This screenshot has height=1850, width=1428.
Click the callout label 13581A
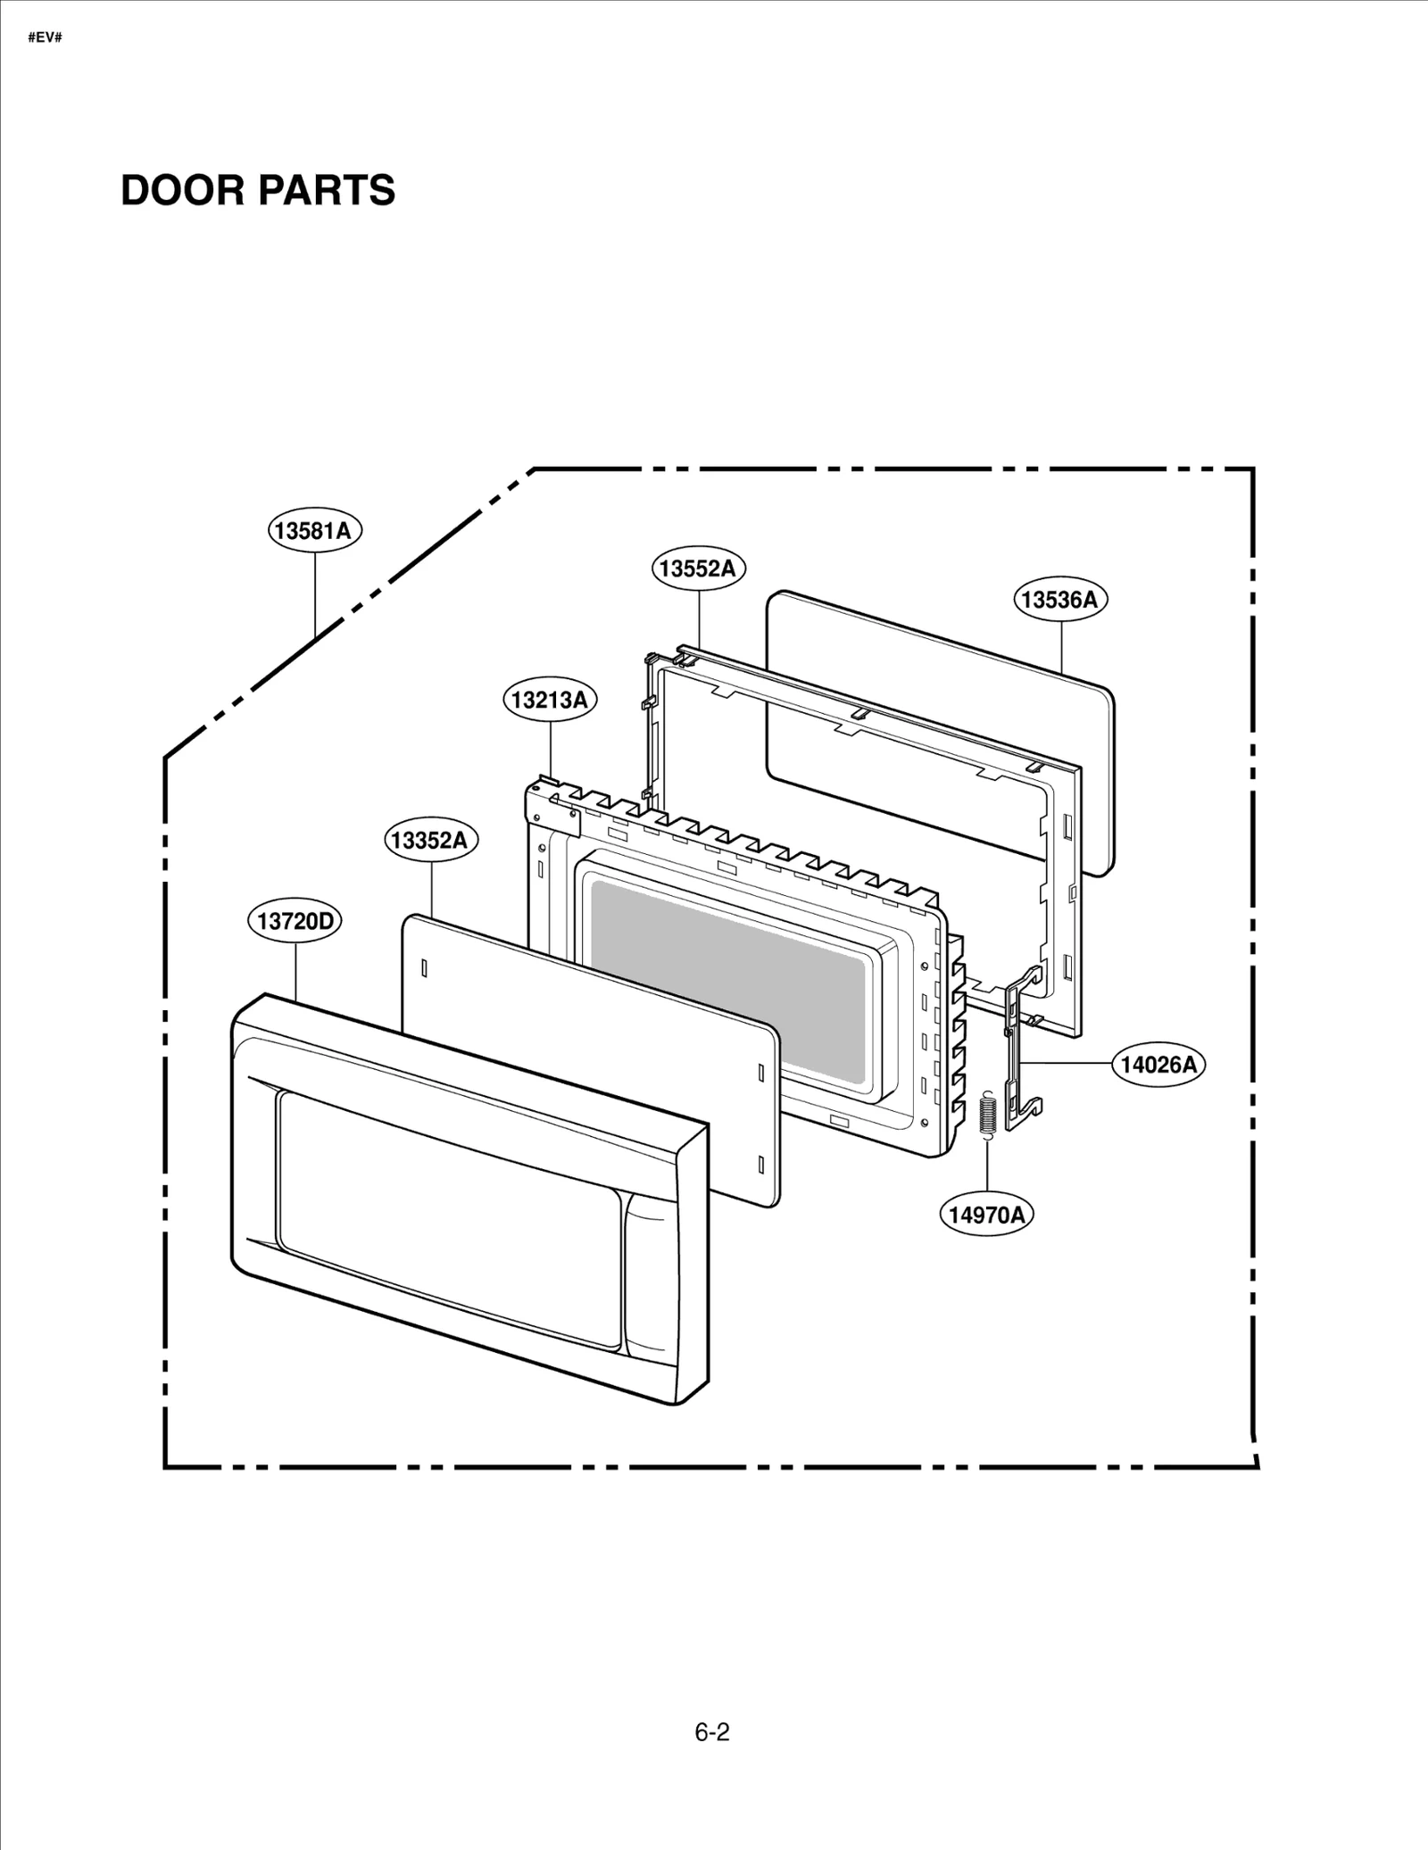(315, 531)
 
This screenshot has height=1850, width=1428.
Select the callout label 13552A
(697, 568)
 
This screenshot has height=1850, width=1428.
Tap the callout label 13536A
(1059, 600)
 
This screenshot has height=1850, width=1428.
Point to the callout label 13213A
(550, 700)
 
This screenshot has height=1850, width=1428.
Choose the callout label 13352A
(430, 840)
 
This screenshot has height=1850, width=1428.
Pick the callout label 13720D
(294, 921)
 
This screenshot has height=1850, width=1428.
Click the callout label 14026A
(1158, 1064)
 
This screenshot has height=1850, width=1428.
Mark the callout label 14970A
(986, 1215)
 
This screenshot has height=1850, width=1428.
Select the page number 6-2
(712, 1732)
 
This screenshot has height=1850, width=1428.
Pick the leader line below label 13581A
(315, 593)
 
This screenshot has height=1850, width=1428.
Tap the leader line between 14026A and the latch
(1066, 1063)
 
